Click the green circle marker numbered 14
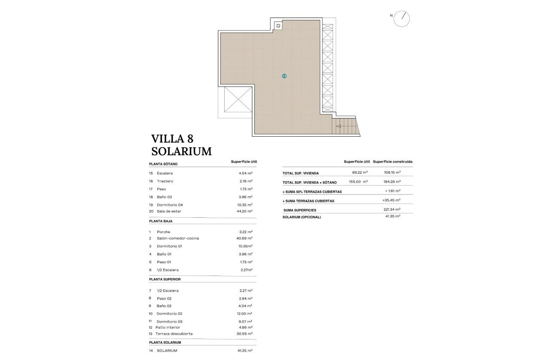(x=284, y=76)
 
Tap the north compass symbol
(x=402, y=19)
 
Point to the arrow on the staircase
(x=339, y=126)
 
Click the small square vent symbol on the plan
(x=279, y=26)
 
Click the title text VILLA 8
(x=172, y=139)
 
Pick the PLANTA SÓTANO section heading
(x=163, y=164)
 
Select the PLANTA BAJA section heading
(x=161, y=221)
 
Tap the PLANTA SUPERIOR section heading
(x=165, y=279)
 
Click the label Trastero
(x=165, y=181)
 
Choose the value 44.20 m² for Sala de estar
(x=246, y=211)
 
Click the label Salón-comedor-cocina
(x=178, y=238)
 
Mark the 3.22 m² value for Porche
(x=246, y=232)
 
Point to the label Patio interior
(x=168, y=327)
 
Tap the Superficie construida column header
(x=393, y=162)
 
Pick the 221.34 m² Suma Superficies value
(x=392, y=210)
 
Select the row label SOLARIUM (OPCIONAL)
(x=302, y=217)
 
